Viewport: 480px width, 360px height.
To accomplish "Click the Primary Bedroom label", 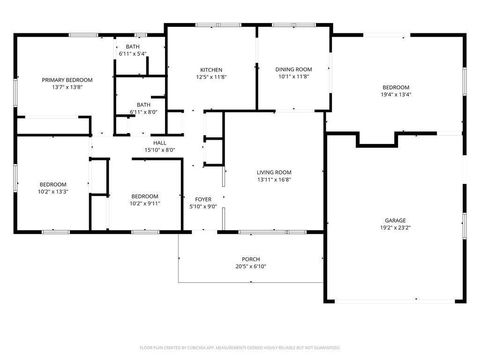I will [x=66, y=78].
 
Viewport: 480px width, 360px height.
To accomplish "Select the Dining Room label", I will [x=294, y=69].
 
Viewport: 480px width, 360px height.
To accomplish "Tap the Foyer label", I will [x=202, y=199].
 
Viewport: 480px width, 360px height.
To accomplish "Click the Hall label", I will [x=159, y=143].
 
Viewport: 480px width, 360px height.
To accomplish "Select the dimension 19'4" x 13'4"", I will [x=396, y=96].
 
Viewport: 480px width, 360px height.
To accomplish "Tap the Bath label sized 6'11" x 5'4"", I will [x=132, y=54].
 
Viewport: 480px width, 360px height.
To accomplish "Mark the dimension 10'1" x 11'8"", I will [x=294, y=77].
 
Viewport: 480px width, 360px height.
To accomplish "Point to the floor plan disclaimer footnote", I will [x=240, y=348].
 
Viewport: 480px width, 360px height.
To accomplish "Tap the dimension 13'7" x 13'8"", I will [x=66, y=87].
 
